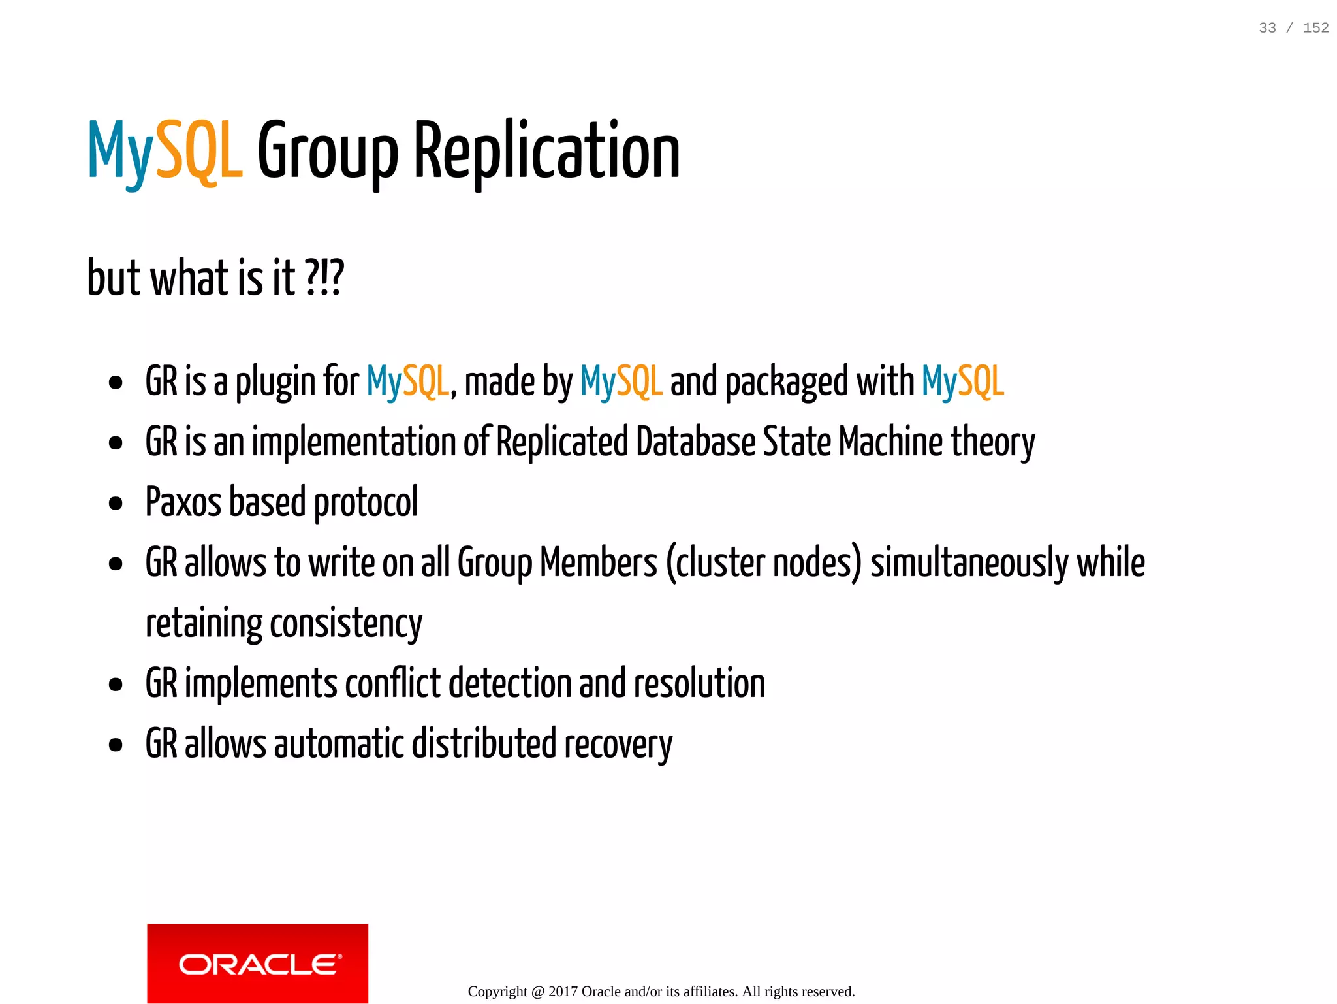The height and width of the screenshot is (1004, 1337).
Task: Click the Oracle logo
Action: click(x=257, y=963)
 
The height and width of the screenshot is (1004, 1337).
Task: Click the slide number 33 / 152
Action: click(x=1293, y=27)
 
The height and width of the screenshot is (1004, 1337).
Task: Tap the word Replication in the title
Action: click(x=547, y=152)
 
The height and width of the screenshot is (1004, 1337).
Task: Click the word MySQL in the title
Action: click(x=165, y=152)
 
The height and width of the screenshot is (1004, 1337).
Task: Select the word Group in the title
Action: click(x=328, y=152)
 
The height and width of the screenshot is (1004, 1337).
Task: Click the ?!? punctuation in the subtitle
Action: click(x=324, y=278)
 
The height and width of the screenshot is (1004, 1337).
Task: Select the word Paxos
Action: click(x=183, y=502)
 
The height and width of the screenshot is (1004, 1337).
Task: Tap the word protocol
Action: click(x=366, y=502)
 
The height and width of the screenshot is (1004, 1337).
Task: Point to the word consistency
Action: click(x=346, y=623)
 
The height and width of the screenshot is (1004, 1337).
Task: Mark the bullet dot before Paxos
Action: click(x=116, y=504)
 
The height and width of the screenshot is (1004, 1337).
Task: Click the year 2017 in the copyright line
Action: click(x=563, y=992)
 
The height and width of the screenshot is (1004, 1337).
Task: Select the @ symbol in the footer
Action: click(x=538, y=992)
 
